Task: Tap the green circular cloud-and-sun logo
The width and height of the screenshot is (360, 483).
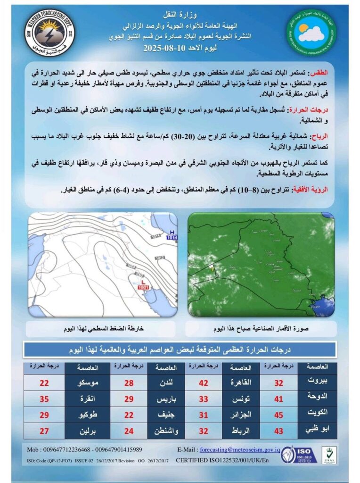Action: point(311,31)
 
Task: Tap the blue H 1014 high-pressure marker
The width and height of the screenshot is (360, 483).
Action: point(172,235)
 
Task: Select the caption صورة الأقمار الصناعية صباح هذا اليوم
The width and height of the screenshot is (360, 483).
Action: point(261,328)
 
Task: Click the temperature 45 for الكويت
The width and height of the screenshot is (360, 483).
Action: point(278,415)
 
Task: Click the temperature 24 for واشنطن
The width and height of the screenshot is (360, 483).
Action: point(129,430)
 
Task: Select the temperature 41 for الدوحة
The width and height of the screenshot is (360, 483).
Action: point(278,399)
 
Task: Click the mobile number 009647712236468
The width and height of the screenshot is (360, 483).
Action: point(64,450)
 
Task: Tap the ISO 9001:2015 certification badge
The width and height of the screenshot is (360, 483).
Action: point(294,454)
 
